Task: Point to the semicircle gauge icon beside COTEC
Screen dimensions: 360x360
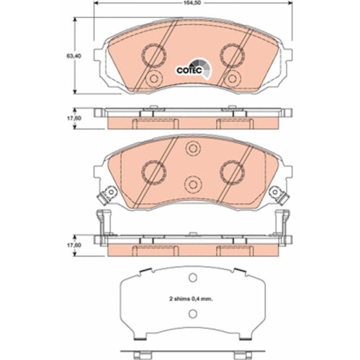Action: pos(206,68)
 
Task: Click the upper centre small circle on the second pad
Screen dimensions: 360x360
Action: pos(192,149)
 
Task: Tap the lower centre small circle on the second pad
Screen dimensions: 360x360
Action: pos(192,183)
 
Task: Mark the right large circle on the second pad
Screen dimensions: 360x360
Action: pos(232,170)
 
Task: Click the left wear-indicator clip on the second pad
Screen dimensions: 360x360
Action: pos(109,194)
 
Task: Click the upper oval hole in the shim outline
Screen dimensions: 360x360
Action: pos(192,280)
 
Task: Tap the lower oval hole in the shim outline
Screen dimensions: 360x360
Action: pos(192,312)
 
